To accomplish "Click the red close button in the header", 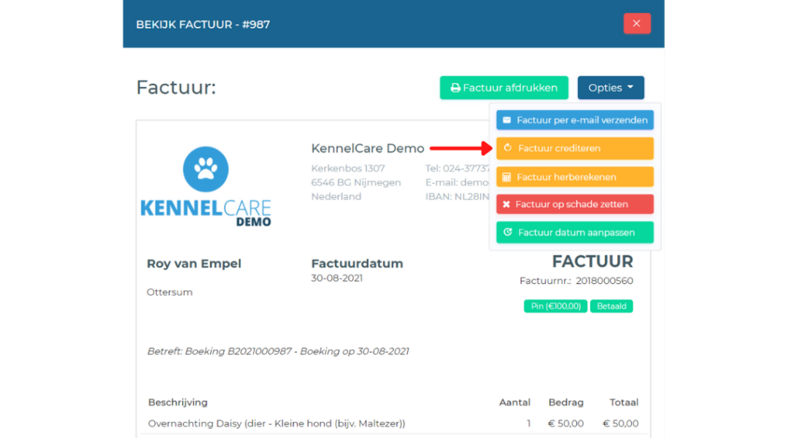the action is (x=636, y=24).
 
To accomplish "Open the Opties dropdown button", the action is (x=610, y=88).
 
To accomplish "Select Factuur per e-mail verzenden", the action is (x=575, y=120).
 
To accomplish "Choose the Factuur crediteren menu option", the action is (x=575, y=149).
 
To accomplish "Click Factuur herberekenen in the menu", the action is (x=575, y=177).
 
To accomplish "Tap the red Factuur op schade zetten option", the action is (x=575, y=204).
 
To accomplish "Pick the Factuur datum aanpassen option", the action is (x=575, y=232).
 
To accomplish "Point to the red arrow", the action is (x=461, y=149).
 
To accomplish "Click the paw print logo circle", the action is (x=205, y=169).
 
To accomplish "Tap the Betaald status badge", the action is (x=612, y=306).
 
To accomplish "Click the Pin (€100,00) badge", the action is (x=556, y=306).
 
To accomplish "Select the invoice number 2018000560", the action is (x=605, y=281).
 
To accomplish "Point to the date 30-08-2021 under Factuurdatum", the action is (x=337, y=278).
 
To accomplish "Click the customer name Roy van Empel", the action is (x=194, y=263).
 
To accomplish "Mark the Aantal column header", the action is (x=515, y=403).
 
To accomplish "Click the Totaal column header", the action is (x=623, y=403).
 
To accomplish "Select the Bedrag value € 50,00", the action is (x=566, y=423).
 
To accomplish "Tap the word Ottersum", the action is (x=169, y=293).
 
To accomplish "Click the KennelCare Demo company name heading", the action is (x=367, y=149).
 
